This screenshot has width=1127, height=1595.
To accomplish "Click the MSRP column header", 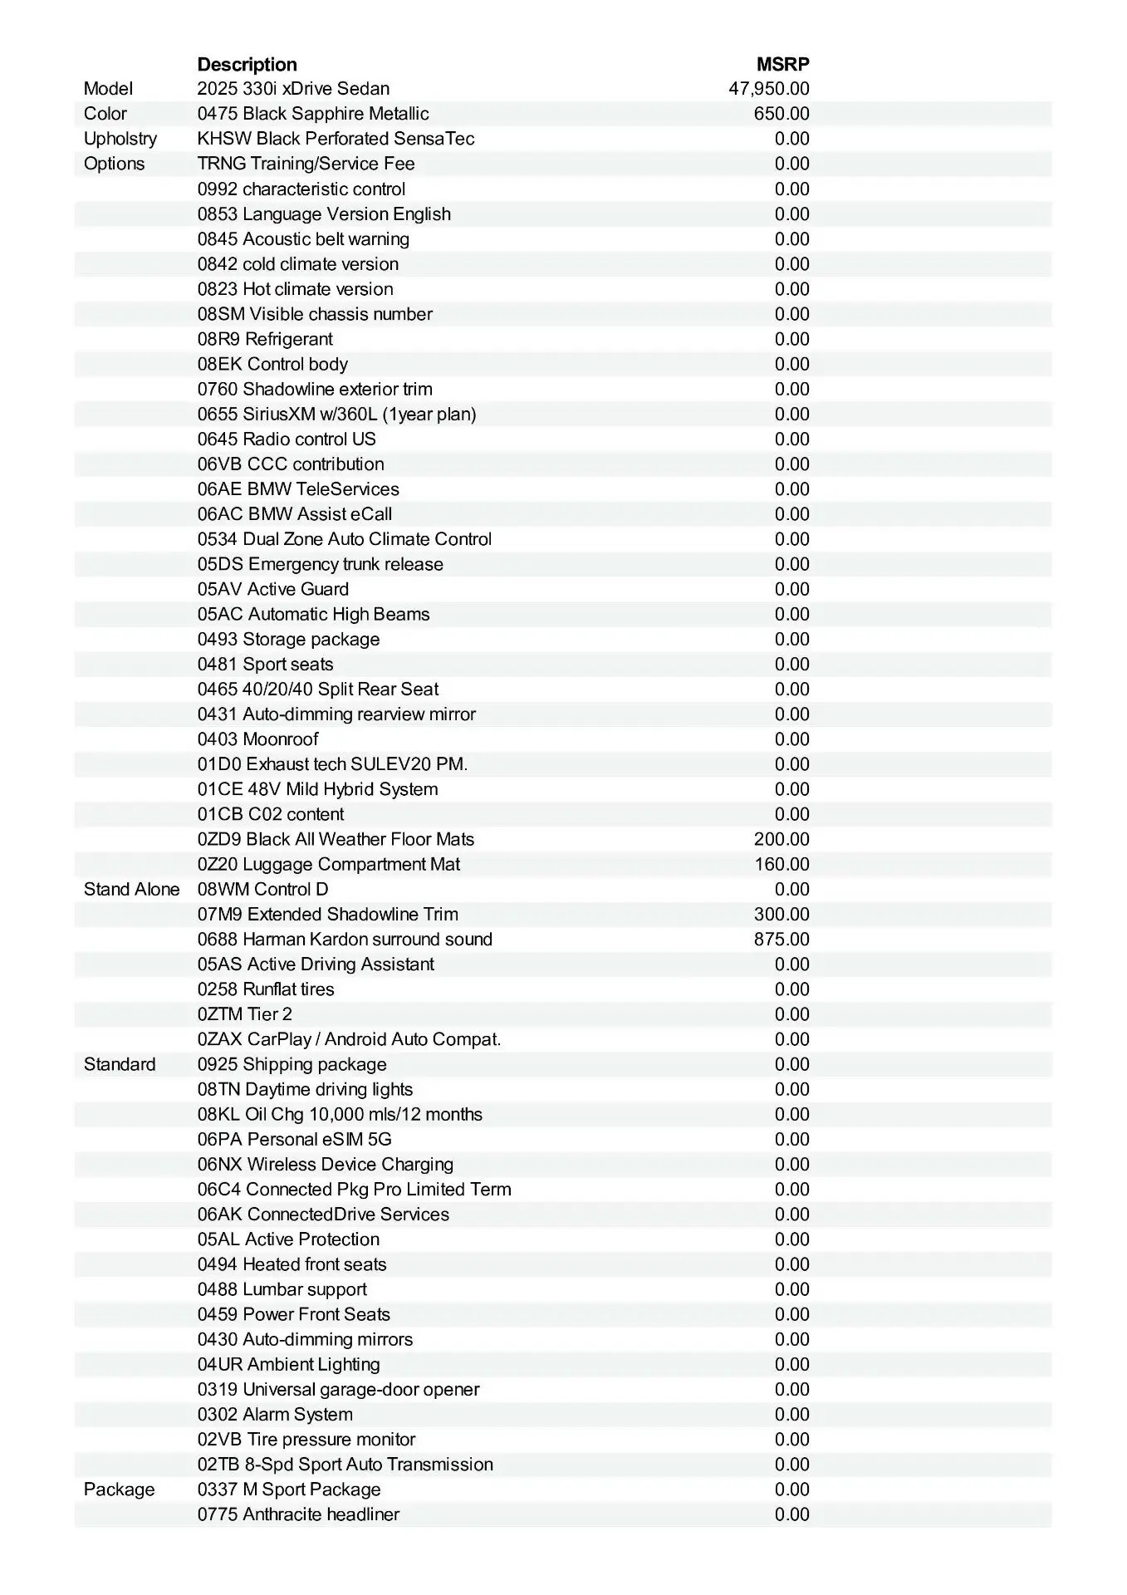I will click(782, 64).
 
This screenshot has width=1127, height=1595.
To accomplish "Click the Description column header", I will click(247, 64).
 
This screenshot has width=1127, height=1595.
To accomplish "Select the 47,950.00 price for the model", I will click(768, 89).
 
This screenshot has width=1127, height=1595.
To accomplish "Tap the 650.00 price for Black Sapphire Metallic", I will click(781, 114).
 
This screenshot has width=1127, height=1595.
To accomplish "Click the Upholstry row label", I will click(120, 139).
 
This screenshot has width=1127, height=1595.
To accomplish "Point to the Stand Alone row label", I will click(131, 890).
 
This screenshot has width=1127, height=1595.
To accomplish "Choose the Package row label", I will click(119, 1489).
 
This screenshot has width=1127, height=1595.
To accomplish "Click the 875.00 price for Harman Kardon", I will click(781, 940).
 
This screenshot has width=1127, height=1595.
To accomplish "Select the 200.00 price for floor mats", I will click(781, 839).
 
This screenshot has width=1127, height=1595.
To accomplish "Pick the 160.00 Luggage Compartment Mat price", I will click(781, 864).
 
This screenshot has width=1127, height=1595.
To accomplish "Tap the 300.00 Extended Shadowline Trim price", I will click(781, 915).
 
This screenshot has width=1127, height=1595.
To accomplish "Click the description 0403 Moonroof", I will click(257, 739).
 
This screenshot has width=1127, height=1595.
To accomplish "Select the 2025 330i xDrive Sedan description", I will click(293, 89).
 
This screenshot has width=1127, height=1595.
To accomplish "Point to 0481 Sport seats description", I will click(265, 665).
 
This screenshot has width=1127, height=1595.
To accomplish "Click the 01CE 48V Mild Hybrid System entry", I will click(317, 789).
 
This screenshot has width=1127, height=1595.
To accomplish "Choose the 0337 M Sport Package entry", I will click(289, 1489).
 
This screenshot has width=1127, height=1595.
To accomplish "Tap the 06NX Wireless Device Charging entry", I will click(325, 1165).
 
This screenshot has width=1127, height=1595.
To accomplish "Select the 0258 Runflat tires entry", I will click(266, 989).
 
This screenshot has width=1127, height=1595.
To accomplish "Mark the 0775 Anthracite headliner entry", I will click(298, 1514).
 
